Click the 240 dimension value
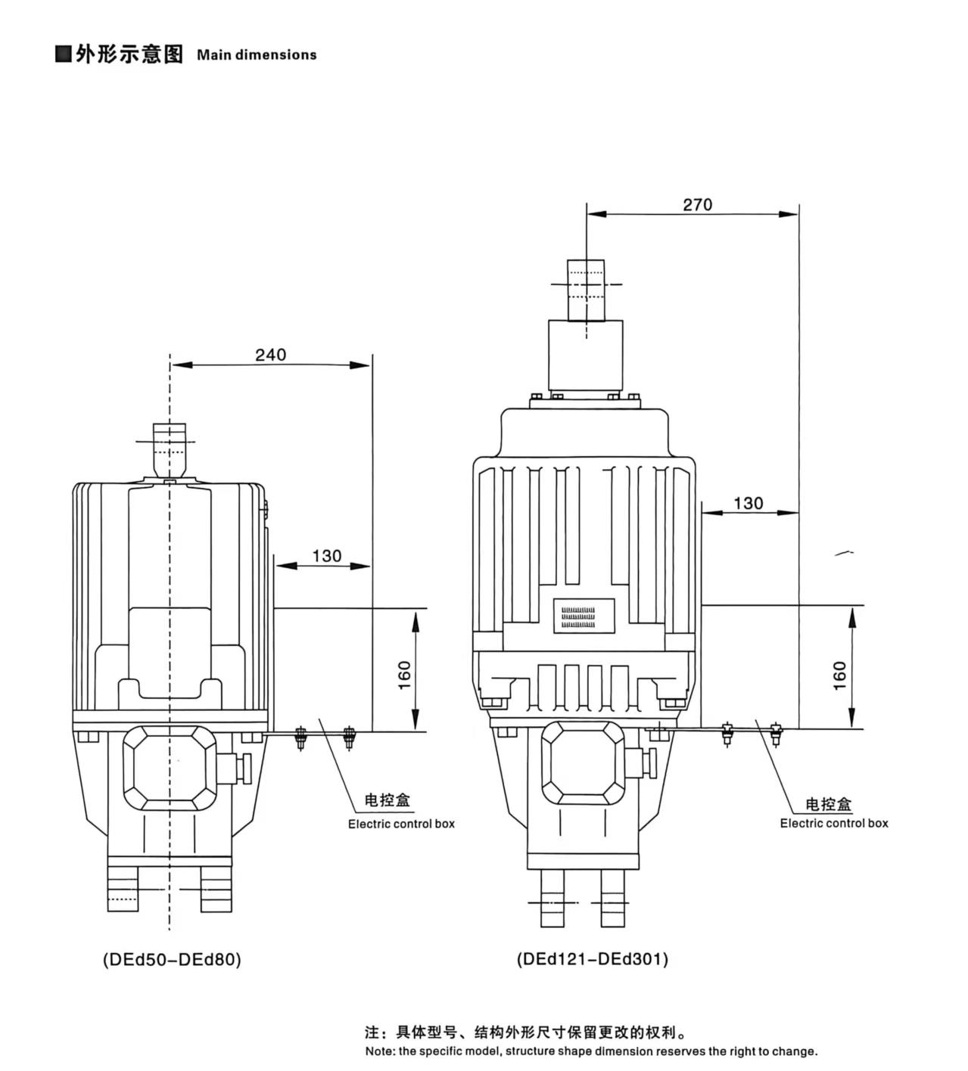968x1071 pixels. point(270,354)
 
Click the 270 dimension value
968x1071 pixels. point(697,204)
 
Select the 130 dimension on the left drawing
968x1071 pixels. point(326,556)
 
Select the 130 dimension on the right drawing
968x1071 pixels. point(748,503)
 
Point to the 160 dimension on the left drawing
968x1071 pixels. point(405,675)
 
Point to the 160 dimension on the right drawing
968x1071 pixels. point(839,675)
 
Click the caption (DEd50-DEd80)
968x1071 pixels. point(172,959)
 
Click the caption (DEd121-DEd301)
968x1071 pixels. point(593,959)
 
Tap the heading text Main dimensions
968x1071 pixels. point(257,55)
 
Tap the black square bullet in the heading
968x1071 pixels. point(64,54)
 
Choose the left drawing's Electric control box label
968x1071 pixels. point(401,824)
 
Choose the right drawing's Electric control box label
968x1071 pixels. point(834,823)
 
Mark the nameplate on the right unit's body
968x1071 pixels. point(584,616)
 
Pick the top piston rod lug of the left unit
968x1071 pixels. point(170,446)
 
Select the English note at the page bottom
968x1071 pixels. point(590,1051)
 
